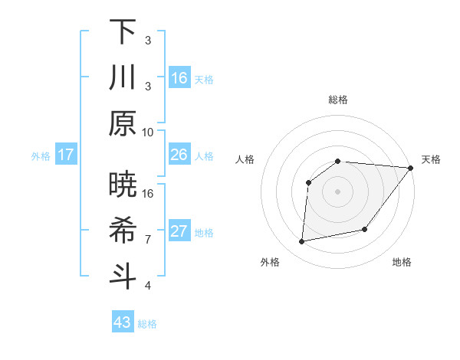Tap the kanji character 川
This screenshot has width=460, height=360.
coord(123,77)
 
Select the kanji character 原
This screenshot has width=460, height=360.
coord(123,123)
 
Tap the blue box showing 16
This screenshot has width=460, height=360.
coord(179,77)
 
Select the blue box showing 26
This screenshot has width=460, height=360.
coord(179,155)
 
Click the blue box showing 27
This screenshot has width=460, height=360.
coord(179,231)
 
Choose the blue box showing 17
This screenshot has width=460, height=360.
coord(66,155)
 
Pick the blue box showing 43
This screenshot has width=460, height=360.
coord(123,322)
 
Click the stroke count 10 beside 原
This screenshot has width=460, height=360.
coord(148,132)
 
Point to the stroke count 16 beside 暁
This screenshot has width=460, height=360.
coord(148,193)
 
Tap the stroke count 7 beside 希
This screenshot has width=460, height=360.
coord(148,239)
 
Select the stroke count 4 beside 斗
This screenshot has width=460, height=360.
coord(148,285)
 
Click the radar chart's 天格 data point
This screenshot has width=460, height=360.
coord(411,168)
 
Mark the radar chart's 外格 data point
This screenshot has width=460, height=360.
coord(302,242)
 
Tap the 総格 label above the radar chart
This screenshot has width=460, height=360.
coord(338,100)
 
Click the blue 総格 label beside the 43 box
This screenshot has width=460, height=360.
coord(147,324)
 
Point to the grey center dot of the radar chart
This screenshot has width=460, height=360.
coord(337,191)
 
